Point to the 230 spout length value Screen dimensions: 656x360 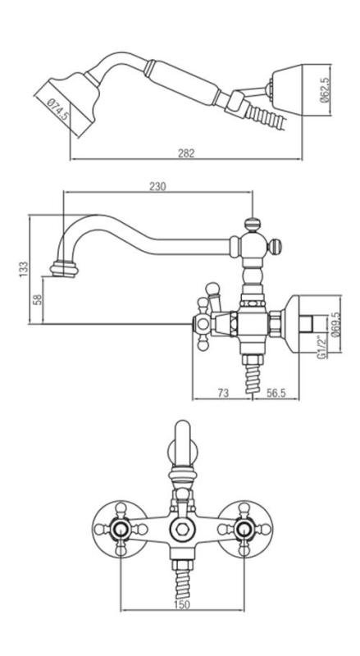click(157, 187)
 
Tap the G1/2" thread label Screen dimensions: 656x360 click(326, 348)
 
